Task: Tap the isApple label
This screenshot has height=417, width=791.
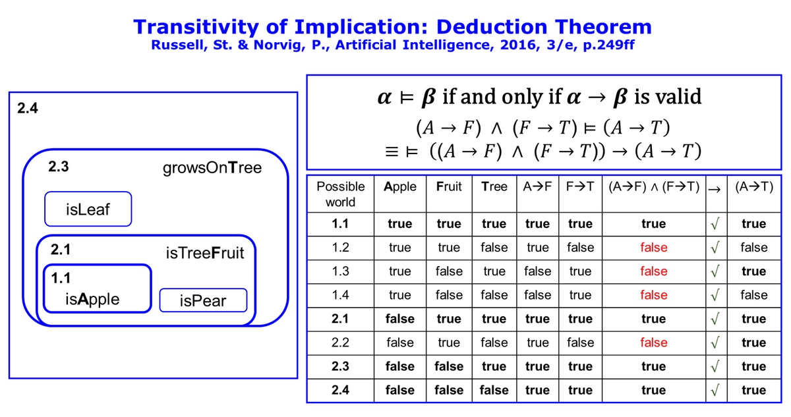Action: [x=92, y=299]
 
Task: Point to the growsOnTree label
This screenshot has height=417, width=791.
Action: [x=212, y=168]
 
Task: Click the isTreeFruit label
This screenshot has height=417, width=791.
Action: [x=205, y=253]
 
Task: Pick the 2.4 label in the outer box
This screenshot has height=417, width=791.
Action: [x=28, y=108]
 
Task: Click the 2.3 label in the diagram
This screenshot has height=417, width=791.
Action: [x=59, y=167]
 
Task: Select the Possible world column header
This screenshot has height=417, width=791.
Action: [x=340, y=194]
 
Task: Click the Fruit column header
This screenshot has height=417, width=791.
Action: [x=449, y=186]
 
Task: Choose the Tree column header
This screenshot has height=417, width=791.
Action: [x=494, y=186]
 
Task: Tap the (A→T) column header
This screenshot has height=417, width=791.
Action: [x=754, y=186]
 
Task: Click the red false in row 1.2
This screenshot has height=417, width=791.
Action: [x=654, y=247]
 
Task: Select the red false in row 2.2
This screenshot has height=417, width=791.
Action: [x=654, y=342]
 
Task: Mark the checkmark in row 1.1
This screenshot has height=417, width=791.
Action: [x=715, y=224]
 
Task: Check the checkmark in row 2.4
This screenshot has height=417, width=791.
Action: [x=715, y=390]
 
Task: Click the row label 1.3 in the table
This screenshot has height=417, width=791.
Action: [x=340, y=271]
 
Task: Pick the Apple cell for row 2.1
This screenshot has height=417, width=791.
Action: [x=399, y=319]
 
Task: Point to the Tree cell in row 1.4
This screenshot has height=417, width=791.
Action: [x=494, y=294]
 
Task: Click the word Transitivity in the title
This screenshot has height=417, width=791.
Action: [x=196, y=27]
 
